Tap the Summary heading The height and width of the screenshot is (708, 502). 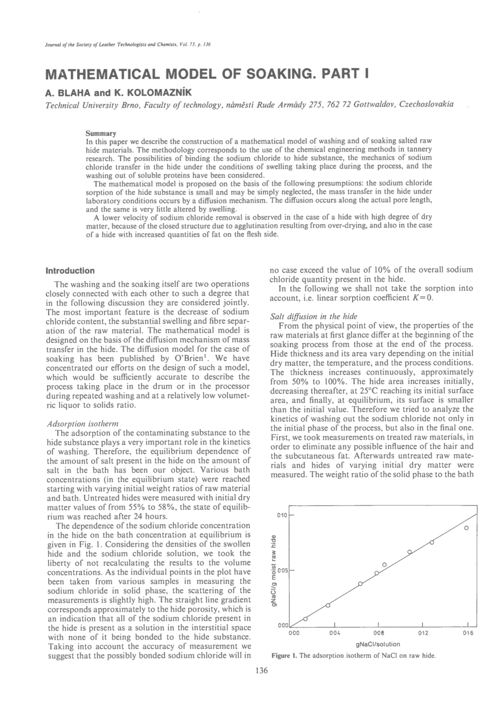[101, 133]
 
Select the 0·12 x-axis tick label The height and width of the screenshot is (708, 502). [423, 633]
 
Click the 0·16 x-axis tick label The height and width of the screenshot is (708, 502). [468, 633]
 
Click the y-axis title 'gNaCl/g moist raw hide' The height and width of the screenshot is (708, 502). [273, 570]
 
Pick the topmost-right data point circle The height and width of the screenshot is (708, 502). [466, 527]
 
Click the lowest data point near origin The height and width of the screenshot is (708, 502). [305, 619]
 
